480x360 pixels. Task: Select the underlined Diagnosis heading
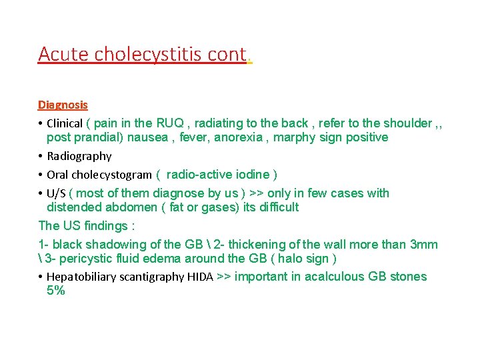pos(63,105)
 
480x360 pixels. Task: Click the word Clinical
pos(65,123)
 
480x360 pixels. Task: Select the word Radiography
pos(79,156)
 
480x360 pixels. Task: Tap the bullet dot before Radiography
pos(41,156)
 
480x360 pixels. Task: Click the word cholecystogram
pos(112,175)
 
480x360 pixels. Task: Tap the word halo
pos(292,259)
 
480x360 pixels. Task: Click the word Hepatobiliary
pos(84,277)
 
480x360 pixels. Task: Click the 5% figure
pos(56,291)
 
